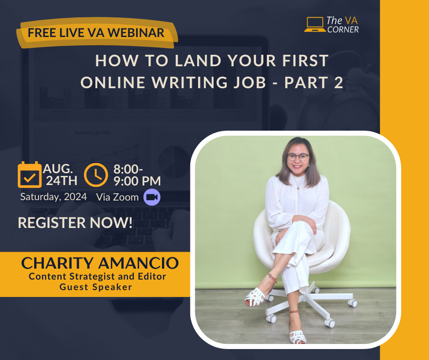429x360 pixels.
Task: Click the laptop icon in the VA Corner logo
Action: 315,25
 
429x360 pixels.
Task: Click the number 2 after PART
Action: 338,82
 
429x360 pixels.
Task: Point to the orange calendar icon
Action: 30,175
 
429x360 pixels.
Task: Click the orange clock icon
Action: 96,175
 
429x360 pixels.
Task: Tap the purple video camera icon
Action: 152,197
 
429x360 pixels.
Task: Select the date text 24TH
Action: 62,181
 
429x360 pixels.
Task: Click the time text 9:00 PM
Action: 137,181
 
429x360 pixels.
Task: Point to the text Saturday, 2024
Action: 54,197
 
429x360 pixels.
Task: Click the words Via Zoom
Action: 117,197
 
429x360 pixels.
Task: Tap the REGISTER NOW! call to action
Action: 75,222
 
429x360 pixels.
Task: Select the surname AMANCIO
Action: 138,263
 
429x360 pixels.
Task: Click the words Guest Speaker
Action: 96,287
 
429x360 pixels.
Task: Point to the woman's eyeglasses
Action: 298,157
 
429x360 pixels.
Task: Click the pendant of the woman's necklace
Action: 298,188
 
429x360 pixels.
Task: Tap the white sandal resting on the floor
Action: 298,336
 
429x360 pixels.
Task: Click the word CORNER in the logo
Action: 343,29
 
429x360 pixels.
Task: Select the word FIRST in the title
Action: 305,61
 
